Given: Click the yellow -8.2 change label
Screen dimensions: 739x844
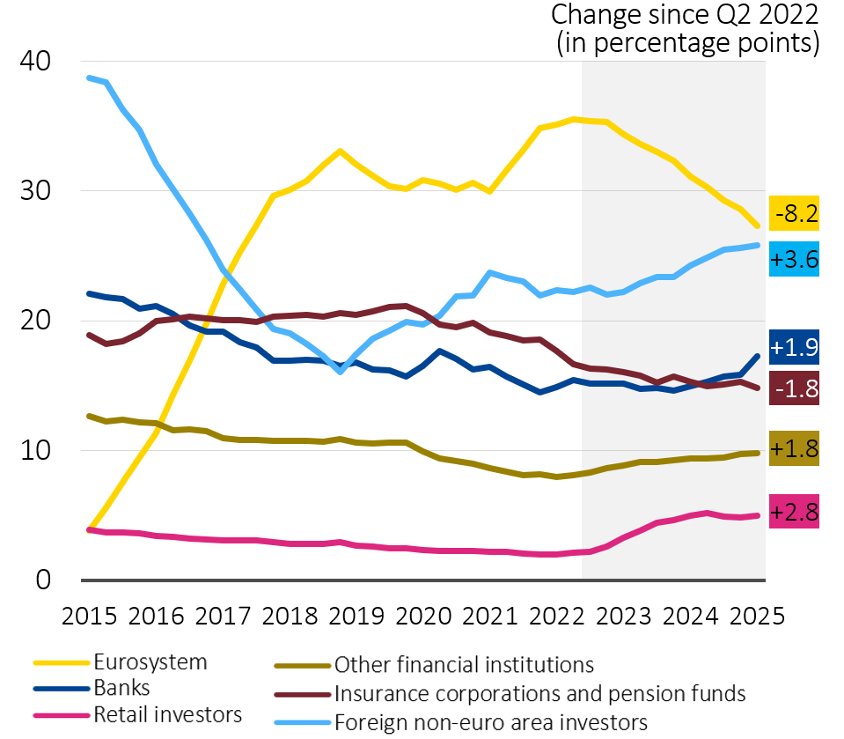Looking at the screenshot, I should click(x=794, y=214).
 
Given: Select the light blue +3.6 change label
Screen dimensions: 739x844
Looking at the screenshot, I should click(x=794, y=260).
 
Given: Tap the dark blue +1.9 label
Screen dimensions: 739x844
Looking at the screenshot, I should click(x=794, y=346).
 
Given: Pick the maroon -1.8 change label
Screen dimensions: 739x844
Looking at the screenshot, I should click(x=794, y=388).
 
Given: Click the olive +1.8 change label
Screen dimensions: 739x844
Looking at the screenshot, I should click(x=794, y=448).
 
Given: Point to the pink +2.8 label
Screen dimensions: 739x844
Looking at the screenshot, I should click(x=794, y=512).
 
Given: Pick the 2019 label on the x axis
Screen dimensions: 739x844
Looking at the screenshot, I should click(x=357, y=615).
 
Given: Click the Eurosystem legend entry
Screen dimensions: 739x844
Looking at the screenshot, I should click(x=150, y=662).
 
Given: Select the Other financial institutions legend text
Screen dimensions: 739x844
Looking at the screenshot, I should click(x=464, y=665).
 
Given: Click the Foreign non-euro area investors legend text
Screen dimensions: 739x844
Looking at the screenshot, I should click(x=490, y=722).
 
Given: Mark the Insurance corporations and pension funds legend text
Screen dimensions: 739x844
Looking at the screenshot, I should click(x=539, y=693).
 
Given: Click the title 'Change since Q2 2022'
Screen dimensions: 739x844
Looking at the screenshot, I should click(x=685, y=15).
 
